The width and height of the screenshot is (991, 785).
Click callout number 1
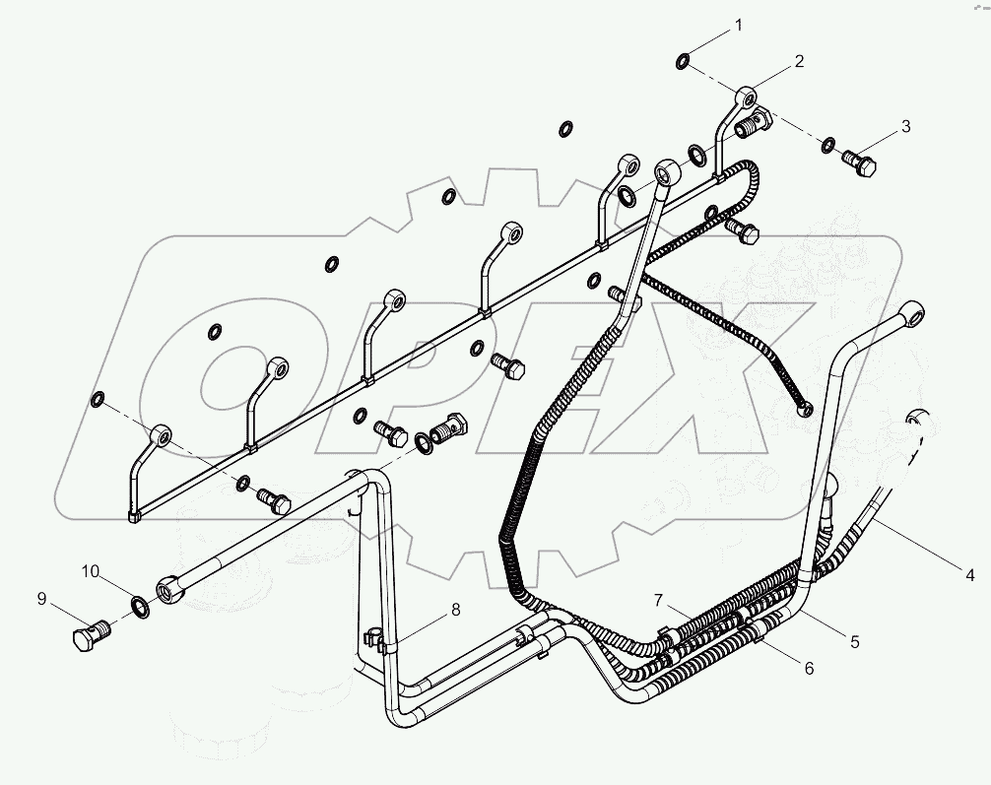pos(738,26)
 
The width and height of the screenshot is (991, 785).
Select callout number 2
pos(799,61)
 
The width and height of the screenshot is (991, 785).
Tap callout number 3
pos(905,126)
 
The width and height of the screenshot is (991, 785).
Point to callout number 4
pos(970,575)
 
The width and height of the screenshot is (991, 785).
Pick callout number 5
pos(854,642)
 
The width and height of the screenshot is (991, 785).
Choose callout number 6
pos(809,668)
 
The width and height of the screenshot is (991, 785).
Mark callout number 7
pos(659,600)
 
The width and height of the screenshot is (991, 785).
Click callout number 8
pos(455,610)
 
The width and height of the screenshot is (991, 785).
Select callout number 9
pos(41,599)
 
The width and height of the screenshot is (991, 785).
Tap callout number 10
pos(91,572)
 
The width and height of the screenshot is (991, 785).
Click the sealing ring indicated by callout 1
pos(684,61)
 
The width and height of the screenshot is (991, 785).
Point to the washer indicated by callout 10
pos(140,606)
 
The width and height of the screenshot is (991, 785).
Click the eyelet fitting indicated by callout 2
pos(747,98)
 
